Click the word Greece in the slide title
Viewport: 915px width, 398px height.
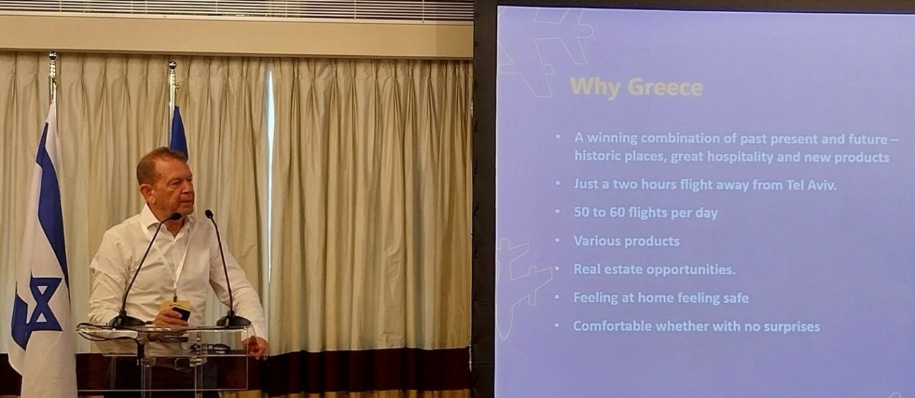(x=665, y=87)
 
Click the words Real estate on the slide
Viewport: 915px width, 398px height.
(x=608, y=269)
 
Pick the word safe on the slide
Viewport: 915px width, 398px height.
(x=735, y=298)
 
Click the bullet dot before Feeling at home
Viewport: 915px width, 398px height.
(x=557, y=297)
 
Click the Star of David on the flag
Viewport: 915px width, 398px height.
(x=38, y=307)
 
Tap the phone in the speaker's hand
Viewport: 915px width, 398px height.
(x=182, y=313)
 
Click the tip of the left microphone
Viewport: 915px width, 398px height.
(x=177, y=216)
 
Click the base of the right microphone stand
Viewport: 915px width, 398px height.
(x=233, y=321)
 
